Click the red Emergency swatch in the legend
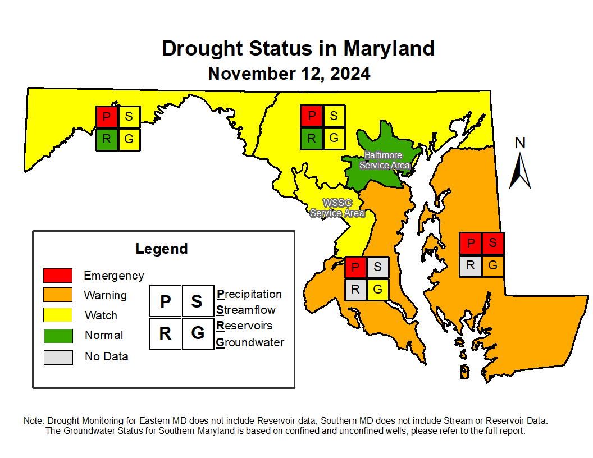[58, 276]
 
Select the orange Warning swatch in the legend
[58, 295]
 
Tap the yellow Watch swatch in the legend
[58, 315]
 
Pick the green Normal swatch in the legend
[58, 336]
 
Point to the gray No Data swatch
[58, 357]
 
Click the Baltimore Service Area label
[384, 160]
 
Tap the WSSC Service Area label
[337, 208]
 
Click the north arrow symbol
[520, 168]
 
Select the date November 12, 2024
[289, 74]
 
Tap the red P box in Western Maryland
[106, 117]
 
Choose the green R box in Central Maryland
[312, 138]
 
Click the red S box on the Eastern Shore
[493, 244]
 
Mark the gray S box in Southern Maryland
[377, 267]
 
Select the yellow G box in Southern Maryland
[377, 290]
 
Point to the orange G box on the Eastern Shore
[493, 266]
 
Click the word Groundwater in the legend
[250, 342]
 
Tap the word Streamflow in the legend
[246, 310]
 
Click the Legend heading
[162, 249]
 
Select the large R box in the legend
[165, 333]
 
